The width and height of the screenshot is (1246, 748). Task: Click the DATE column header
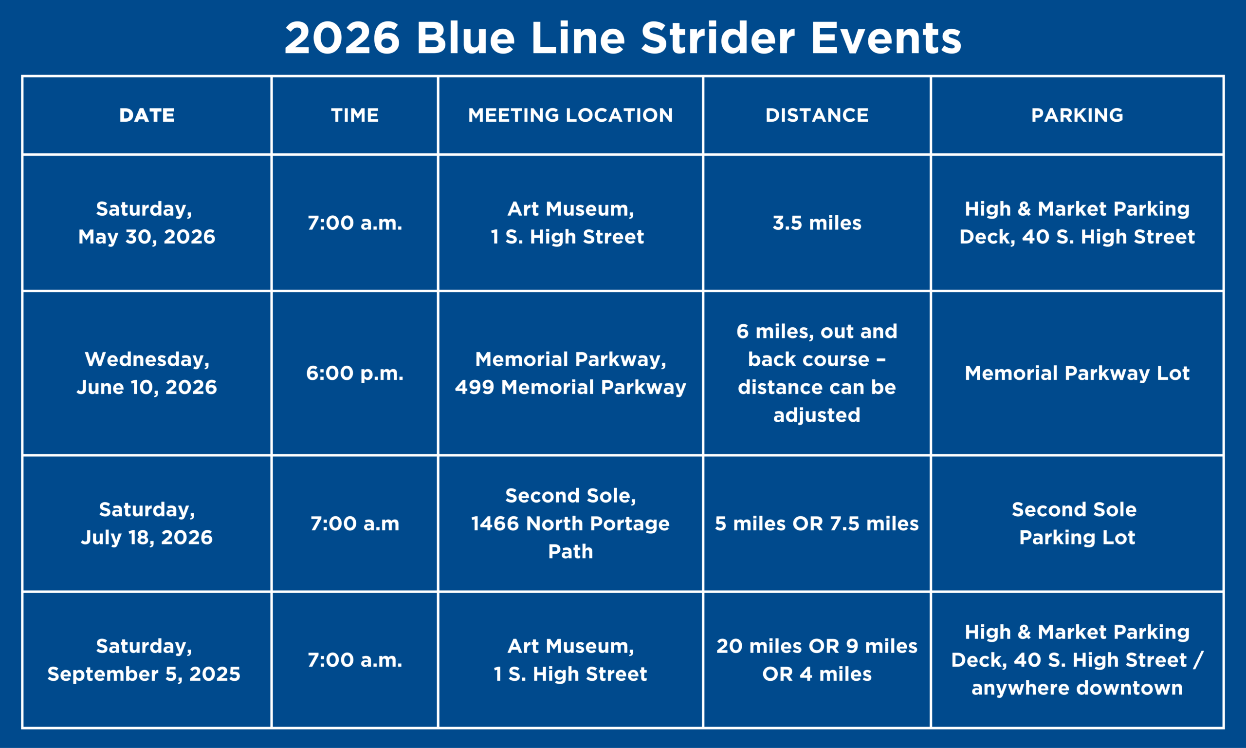coord(147,115)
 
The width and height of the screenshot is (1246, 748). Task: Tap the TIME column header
coord(354,115)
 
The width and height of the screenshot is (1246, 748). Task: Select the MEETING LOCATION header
coord(570,115)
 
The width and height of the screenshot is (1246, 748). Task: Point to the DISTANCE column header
coord(817,115)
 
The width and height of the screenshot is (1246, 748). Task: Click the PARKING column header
coord(1077,115)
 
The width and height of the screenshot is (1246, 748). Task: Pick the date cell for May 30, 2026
coord(147,223)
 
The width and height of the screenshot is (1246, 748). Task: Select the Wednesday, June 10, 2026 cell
coord(147,373)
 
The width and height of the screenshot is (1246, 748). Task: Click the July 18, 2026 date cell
coord(147,523)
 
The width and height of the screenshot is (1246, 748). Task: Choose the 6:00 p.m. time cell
coord(354,373)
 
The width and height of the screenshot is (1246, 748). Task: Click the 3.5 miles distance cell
coord(817,223)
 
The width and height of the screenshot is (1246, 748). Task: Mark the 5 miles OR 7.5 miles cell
coord(817,523)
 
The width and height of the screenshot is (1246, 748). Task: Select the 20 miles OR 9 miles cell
coord(817,660)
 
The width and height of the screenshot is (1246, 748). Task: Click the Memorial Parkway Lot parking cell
coord(1077,373)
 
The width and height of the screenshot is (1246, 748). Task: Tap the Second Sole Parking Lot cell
coord(1077,523)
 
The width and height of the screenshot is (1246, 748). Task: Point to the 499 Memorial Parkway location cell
coord(570,373)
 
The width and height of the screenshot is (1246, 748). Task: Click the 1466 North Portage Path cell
coord(570,523)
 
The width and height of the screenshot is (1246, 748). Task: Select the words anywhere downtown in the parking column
coord(1077,688)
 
